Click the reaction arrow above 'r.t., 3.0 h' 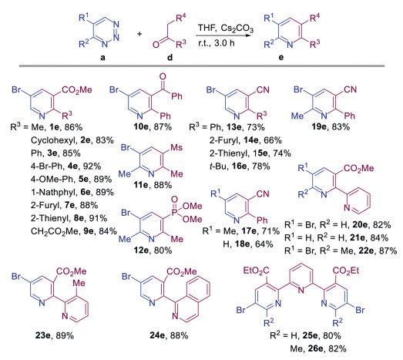[223, 35]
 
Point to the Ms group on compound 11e [176, 147]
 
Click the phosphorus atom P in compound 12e [174, 213]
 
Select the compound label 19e [319, 126]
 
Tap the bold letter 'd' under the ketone [170, 57]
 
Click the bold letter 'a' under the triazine [102, 57]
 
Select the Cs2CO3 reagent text [237, 29]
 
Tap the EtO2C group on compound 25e [256, 271]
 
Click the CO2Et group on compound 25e [346, 271]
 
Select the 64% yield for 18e [264, 244]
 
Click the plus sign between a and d [139, 34]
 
